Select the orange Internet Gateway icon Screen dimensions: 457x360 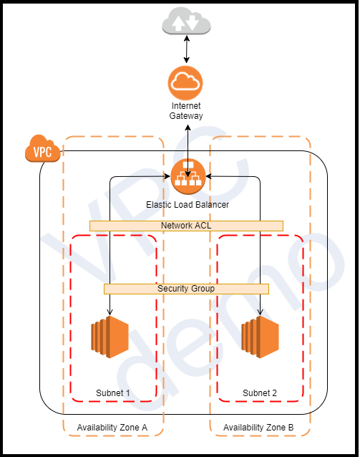186,83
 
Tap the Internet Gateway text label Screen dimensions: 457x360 186,111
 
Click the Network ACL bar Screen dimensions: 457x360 186,226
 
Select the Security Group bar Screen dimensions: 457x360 186,289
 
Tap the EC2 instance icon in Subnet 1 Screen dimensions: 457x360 109,338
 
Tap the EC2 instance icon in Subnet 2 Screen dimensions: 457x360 259,338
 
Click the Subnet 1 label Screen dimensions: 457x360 113,393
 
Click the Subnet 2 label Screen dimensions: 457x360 259,393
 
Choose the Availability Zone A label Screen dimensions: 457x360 112,428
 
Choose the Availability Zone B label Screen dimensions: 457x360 258,428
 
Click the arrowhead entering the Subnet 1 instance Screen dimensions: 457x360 109,312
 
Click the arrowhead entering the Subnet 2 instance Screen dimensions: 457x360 259,312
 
